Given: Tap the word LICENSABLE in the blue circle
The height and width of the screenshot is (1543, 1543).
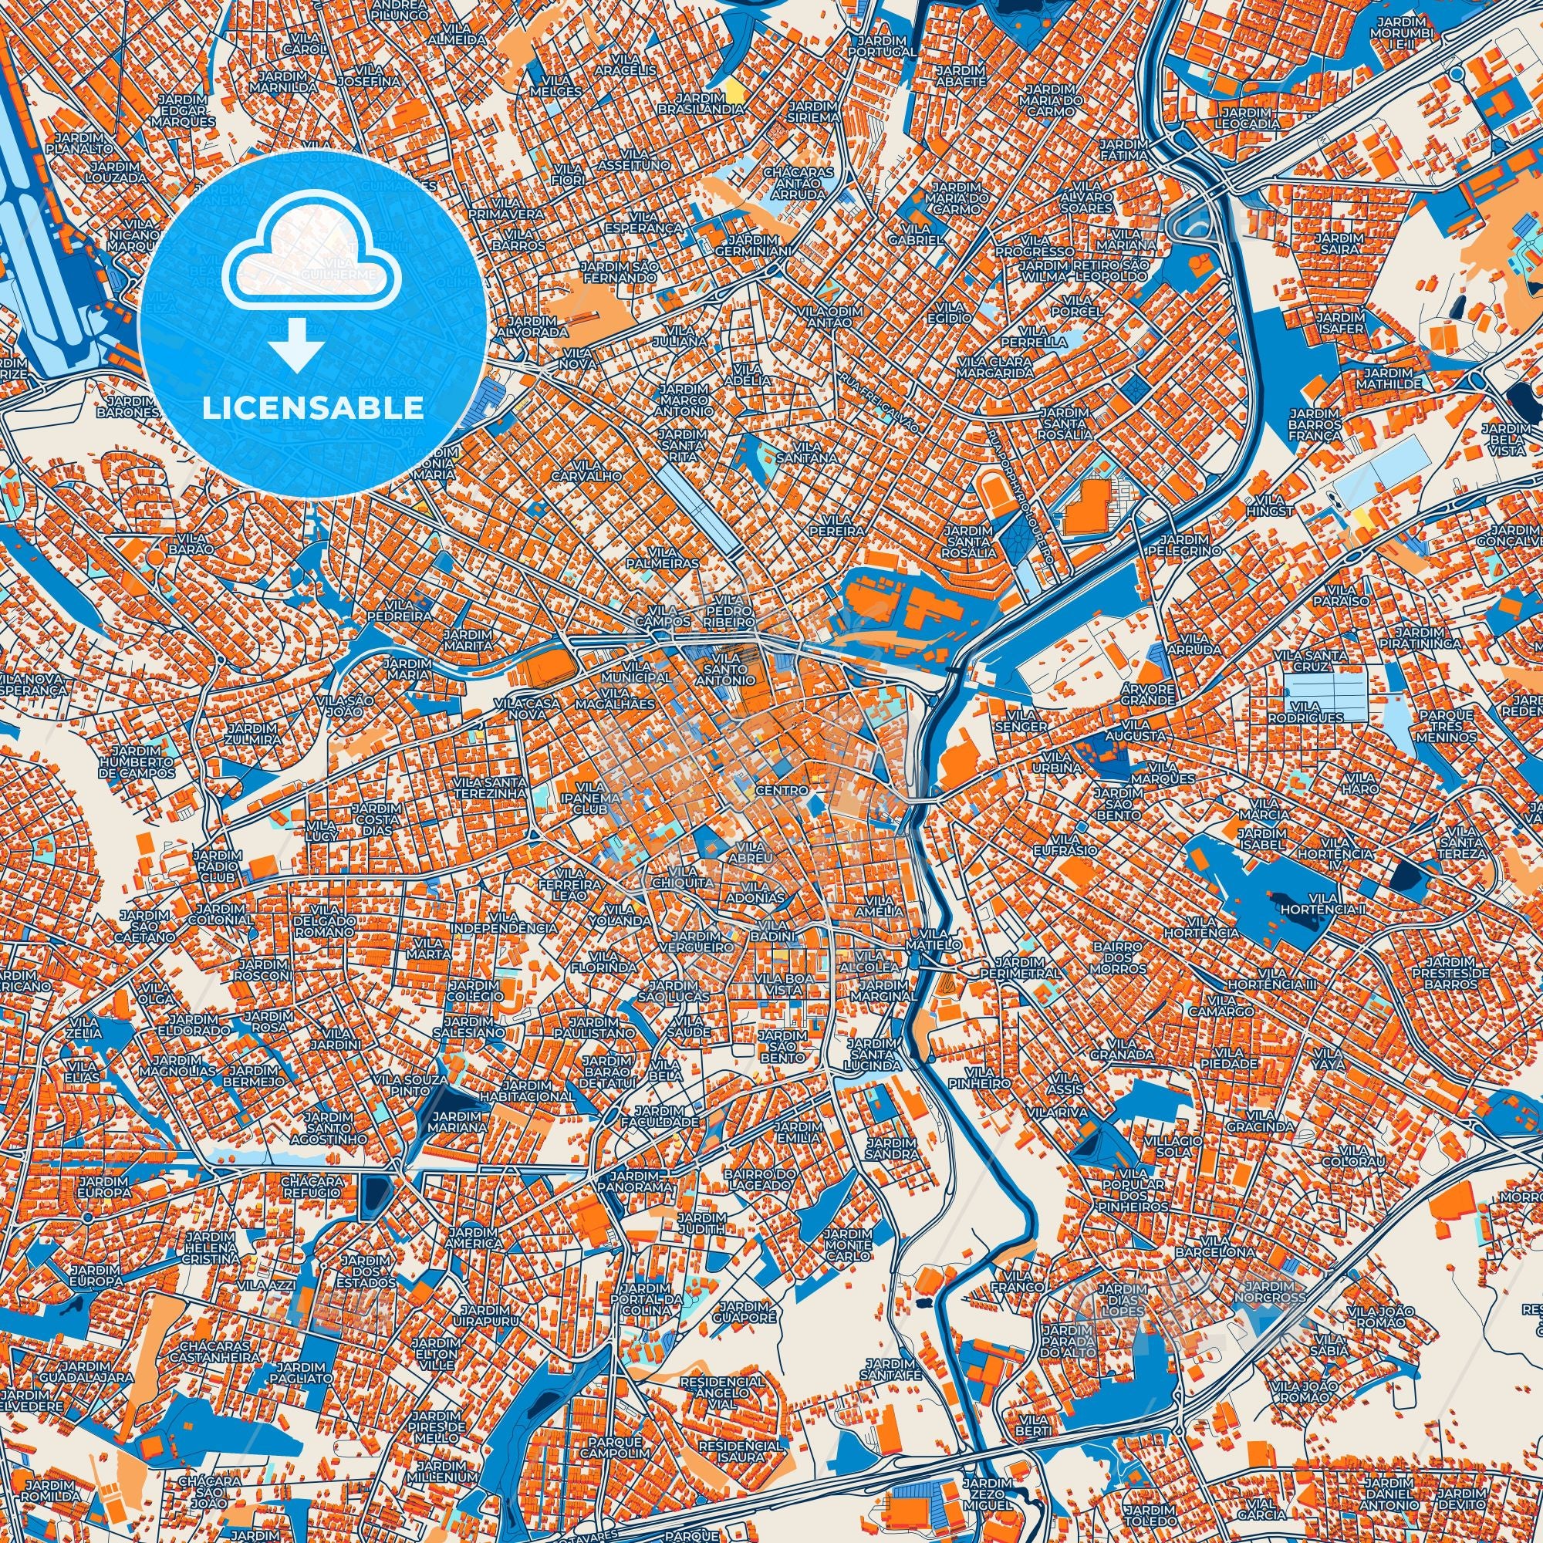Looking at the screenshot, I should (x=313, y=407).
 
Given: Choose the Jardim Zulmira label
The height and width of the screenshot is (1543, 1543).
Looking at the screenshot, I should (x=252, y=734).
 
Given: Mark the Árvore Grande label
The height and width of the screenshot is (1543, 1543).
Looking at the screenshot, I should (x=1147, y=694).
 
